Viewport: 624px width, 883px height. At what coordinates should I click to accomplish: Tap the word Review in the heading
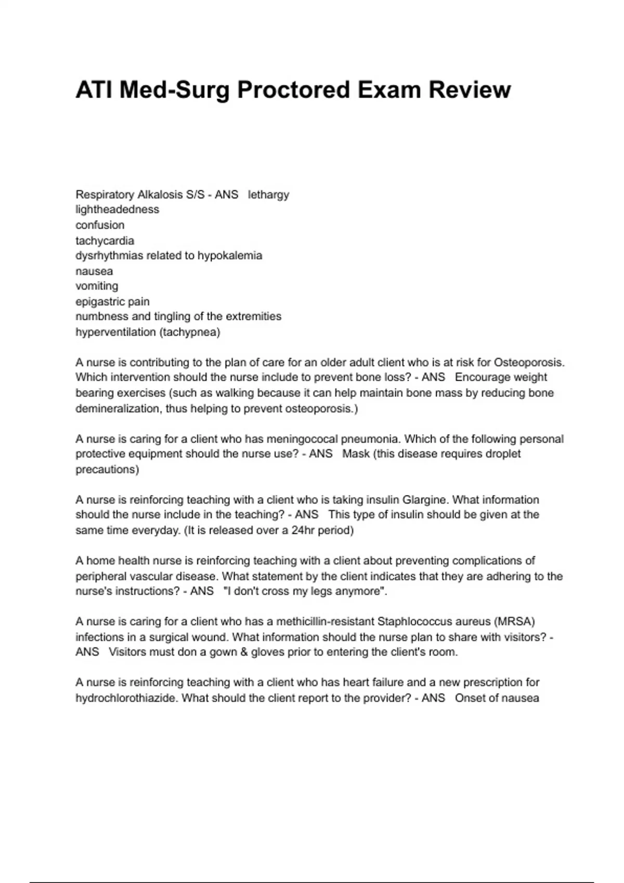470,90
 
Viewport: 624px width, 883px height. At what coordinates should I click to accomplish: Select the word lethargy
268,195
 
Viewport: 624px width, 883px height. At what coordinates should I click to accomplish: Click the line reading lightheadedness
118,210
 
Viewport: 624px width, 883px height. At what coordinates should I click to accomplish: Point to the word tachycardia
105,240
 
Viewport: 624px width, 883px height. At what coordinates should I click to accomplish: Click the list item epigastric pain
112,301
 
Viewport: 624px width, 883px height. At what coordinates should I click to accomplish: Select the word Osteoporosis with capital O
529,362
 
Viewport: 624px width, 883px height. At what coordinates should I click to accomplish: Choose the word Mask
356,454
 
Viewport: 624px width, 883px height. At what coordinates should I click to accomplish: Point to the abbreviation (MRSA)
515,622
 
